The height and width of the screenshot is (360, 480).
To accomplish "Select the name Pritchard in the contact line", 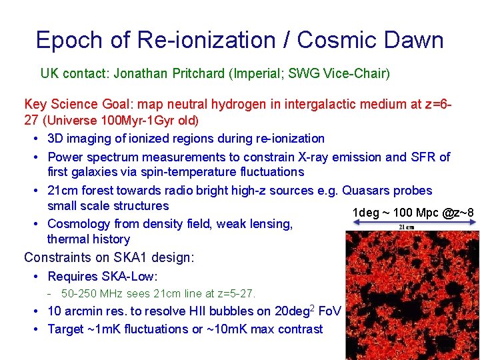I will coord(197,73).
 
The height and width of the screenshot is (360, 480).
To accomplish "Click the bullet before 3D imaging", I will coord(34,139).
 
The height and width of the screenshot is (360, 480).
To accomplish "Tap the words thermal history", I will coord(89,239).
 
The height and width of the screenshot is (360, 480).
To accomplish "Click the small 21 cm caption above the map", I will coord(407,227).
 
